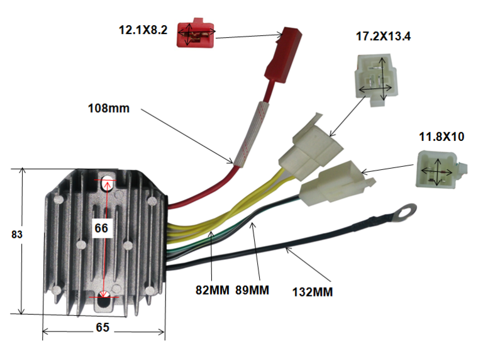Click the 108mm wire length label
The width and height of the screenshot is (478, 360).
[x=109, y=108]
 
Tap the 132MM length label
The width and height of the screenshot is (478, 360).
[x=313, y=292]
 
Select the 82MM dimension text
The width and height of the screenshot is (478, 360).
[x=212, y=290]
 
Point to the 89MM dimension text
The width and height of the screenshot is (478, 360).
[x=252, y=290]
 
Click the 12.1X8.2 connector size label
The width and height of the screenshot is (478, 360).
[x=143, y=30]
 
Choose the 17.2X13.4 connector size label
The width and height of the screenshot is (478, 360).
[x=383, y=37]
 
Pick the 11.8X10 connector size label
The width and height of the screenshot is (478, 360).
[x=442, y=137]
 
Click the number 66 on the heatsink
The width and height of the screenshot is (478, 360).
[x=101, y=228]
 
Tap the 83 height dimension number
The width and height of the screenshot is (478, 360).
[x=17, y=234]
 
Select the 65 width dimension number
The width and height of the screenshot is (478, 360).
[x=103, y=327]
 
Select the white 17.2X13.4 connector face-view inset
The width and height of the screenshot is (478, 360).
[x=376, y=80]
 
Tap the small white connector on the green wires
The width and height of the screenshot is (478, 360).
[x=337, y=183]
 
